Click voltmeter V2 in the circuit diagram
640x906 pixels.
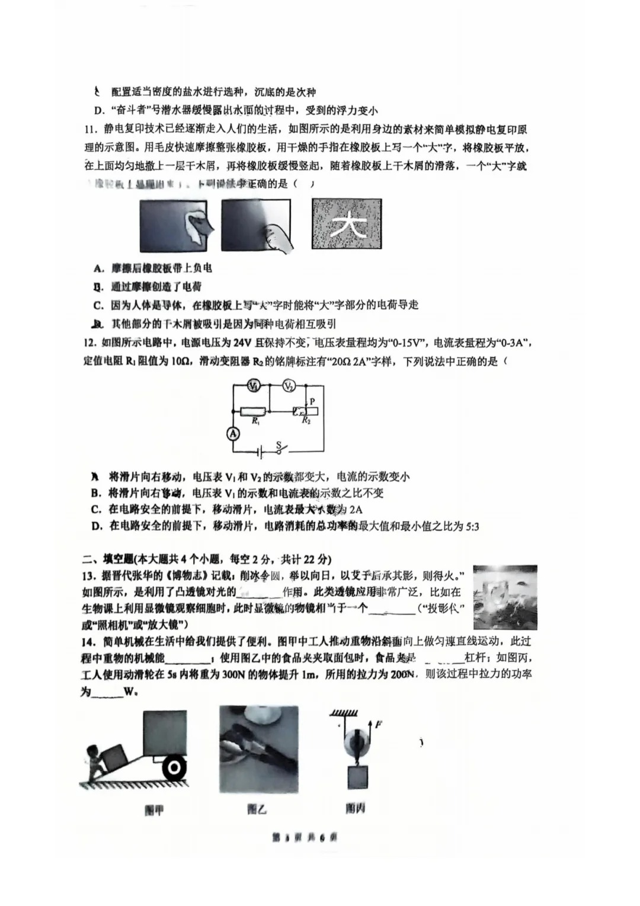pyautogui.click(x=289, y=386)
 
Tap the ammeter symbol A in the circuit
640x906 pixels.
pyautogui.click(x=233, y=433)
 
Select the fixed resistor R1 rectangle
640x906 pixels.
pyautogui.click(x=254, y=411)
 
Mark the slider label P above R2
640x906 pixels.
pyautogui.click(x=312, y=401)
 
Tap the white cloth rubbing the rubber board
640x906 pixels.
pyautogui.click(x=196, y=224)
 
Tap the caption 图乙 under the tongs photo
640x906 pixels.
pyautogui.click(x=257, y=809)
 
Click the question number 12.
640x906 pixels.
pyautogui.click(x=89, y=342)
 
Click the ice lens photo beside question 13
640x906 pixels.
pyautogui.click(x=505, y=597)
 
